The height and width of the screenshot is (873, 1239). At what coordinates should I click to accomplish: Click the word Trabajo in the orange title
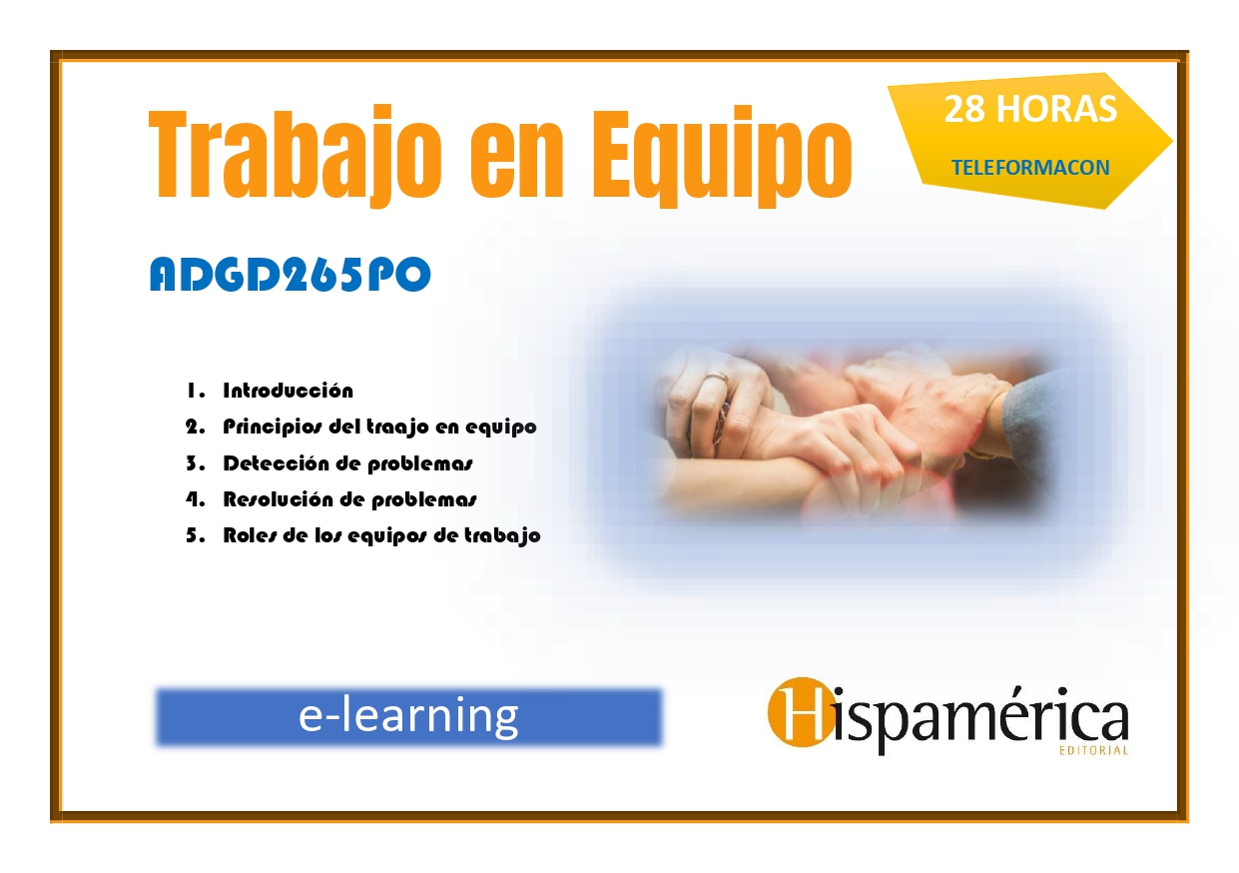(x=295, y=155)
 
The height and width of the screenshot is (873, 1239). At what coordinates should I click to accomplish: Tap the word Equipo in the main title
(x=722, y=156)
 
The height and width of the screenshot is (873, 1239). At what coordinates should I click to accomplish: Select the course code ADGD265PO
(x=290, y=275)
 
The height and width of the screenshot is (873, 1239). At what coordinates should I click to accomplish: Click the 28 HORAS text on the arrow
(x=1030, y=109)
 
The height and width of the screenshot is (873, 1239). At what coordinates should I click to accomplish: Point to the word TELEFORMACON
(x=1030, y=168)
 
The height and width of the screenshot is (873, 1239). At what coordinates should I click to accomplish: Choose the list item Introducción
(x=288, y=391)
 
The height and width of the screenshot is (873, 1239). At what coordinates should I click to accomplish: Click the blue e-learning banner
(x=408, y=717)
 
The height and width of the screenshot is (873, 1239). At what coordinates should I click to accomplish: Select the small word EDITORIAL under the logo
(x=1093, y=751)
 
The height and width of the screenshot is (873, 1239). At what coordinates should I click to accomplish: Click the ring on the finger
(x=718, y=381)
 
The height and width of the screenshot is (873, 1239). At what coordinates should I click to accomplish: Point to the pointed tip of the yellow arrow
(x=1172, y=141)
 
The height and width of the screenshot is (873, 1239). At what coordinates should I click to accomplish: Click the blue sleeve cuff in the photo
(x=1028, y=421)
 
